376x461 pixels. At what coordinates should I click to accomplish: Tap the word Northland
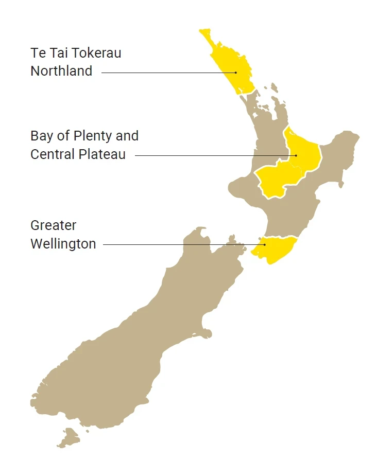pos(61,71)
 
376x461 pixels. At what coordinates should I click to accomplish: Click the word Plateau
pos(102,154)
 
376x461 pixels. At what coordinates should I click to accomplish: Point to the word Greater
pos(53,225)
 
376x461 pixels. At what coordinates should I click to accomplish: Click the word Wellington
pos(63,244)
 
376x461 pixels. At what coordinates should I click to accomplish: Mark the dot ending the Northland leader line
pos(236,73)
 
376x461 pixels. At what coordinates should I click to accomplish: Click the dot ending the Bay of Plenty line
pos(296,155)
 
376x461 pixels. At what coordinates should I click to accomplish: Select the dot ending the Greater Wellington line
pos(265,244)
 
